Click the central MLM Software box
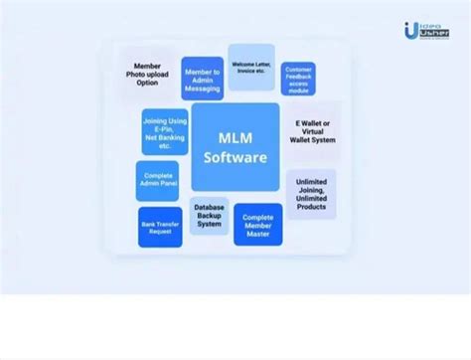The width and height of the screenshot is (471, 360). [x=235, y=146]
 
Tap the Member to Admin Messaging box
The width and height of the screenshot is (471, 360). [x=202, y=79]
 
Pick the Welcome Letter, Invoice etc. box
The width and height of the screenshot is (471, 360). [x=251, y=67]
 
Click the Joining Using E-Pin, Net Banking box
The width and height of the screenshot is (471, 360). [x=165, y=132]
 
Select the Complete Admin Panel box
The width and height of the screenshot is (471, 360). [x=157, y=181]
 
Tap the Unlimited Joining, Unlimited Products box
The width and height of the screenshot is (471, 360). [x=311, y=194]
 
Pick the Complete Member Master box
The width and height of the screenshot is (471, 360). [x=257, y=225]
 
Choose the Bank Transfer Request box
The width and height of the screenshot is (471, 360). [x=160, y=227]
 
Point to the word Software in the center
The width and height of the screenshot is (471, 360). [x=235, y=157]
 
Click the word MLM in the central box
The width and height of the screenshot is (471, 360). [x=235, y=137]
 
